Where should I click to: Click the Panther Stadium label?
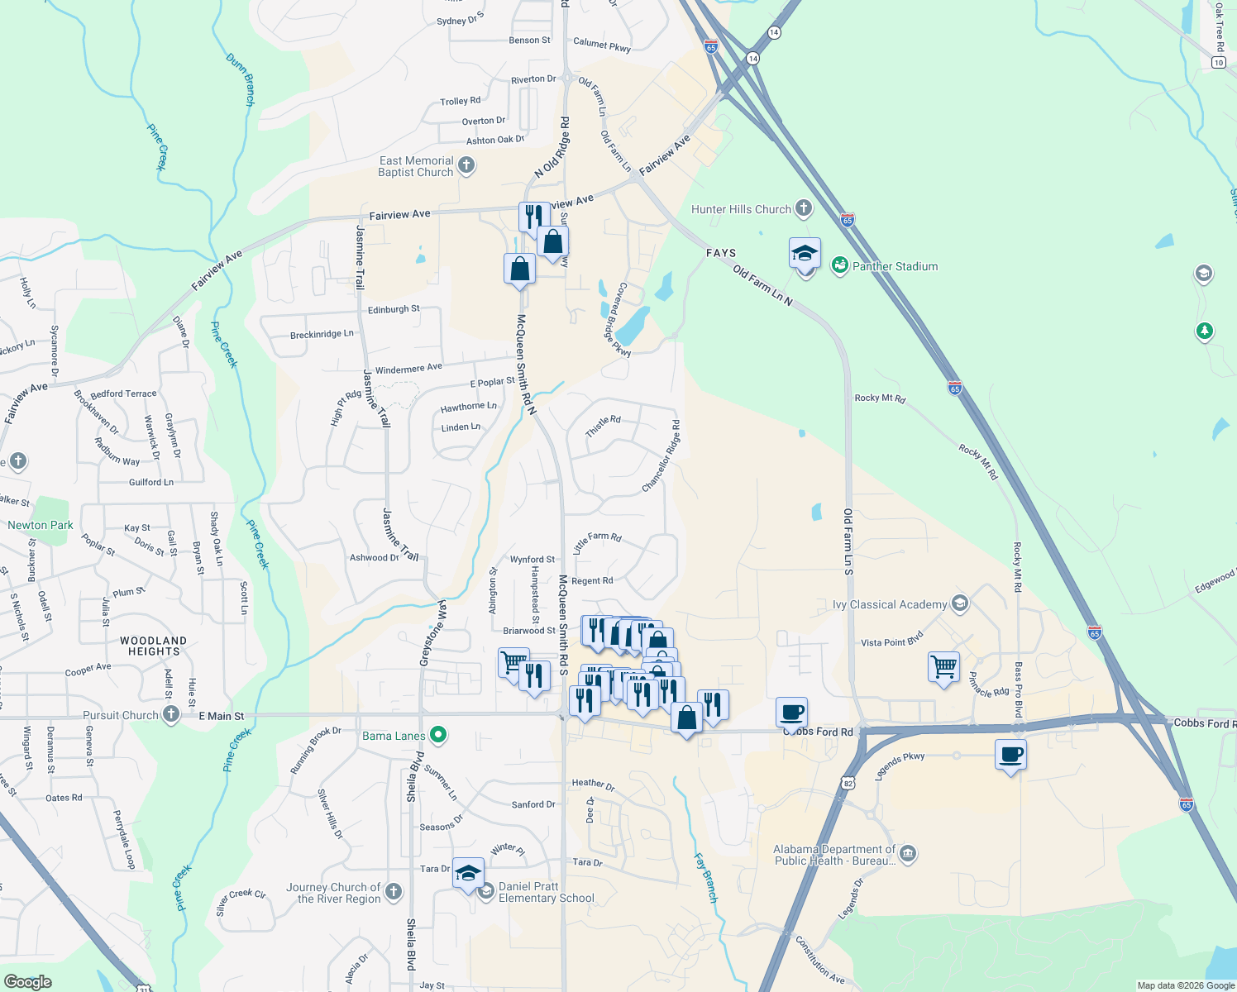[x=895, y=266]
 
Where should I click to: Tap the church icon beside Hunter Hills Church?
[x=804, y=208]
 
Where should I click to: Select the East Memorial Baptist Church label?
[x=416, y=166]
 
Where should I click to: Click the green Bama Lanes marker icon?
[x=439, y=734]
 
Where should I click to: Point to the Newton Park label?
[x=41, y=525]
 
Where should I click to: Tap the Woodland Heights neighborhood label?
[x=153, y=646]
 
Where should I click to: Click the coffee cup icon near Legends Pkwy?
[x=1011, y=755]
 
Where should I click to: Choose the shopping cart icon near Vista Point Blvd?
[x=943, y=665]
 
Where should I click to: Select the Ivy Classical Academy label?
[x=890, y=604]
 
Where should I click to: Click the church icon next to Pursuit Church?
[x=170, y=714]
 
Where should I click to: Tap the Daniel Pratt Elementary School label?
[x=546, y=892]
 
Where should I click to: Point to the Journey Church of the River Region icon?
[x=394, y=891]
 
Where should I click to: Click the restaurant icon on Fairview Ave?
[x=533, y=217]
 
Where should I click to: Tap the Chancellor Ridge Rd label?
[x=661, y=457]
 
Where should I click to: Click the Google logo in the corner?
[x=28, y=981]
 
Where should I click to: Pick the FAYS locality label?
[x=721, y=253]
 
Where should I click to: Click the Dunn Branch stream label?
[x=241, y=79]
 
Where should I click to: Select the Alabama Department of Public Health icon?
[x=907, y=854]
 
